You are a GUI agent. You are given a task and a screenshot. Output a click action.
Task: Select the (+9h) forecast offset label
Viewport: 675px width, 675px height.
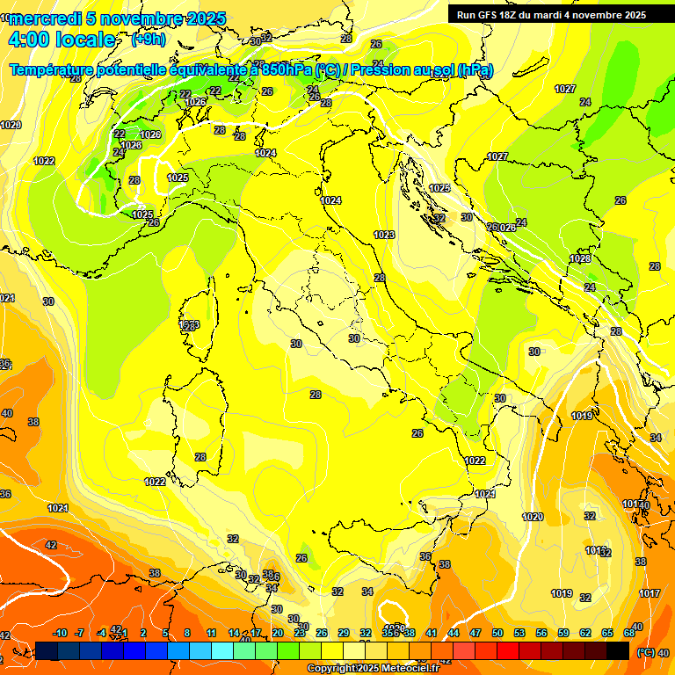point(148,40)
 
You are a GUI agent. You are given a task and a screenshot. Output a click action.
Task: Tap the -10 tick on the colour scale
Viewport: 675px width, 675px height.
point(61,633)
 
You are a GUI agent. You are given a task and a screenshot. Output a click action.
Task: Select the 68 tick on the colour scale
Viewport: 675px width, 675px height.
point(629,633)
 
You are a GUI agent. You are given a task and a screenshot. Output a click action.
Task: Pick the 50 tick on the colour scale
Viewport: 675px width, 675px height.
point(497,633)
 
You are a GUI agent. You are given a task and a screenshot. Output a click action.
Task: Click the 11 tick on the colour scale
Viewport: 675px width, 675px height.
point(211,633)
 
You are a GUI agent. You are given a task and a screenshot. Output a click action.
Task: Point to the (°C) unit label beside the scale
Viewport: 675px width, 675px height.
point(646,651)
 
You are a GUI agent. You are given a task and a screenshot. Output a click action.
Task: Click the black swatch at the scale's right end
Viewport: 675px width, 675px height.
point(618,650)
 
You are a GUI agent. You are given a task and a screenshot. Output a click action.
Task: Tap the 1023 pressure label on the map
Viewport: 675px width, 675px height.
point(384,235)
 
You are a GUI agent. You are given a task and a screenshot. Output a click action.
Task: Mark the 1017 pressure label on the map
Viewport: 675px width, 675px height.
point(650,593)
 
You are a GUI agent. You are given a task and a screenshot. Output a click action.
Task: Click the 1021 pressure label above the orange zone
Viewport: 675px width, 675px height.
point(58,508)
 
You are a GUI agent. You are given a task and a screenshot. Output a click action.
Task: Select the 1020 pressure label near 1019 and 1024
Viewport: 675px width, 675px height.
point(533,517)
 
